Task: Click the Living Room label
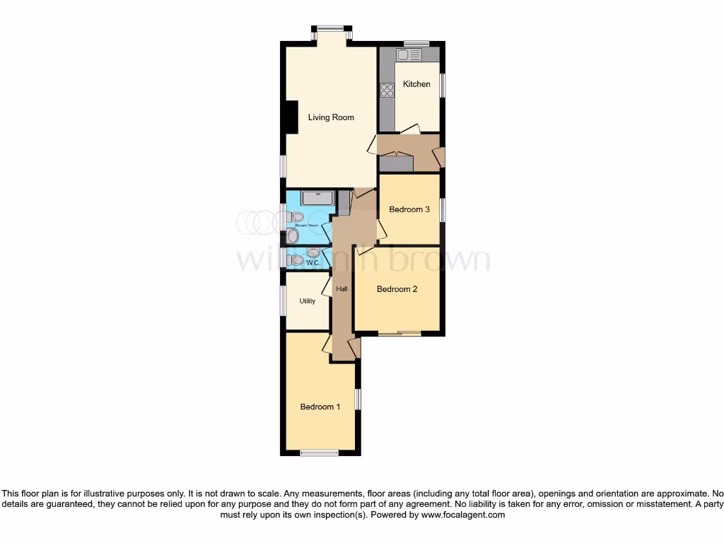click(x=331, y=117)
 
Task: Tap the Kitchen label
click(x=416, y=84)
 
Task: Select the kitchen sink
click(x=409, y=54)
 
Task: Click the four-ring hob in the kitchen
click(x=387, y=90)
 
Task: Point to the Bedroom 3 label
click(x=409, y=209)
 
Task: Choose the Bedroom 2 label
click(x=397, y=289)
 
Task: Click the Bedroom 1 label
click(x=320, y=407)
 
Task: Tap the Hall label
click(x=342, y=289)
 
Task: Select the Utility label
click(x=307, y=301)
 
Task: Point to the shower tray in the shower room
click(x=317, y=198)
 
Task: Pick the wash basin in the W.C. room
click(x=313, y=252)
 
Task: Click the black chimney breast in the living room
click(x=290, y=117)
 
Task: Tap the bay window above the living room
click(x=329, y=28)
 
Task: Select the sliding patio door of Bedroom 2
click(x=399, y=334)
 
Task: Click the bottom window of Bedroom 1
click(x=319, y=453)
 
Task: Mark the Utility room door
click(x=327, y=286)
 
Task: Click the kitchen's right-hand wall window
click(x=443, y=85)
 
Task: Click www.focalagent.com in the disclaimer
click(x=462, y=515)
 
